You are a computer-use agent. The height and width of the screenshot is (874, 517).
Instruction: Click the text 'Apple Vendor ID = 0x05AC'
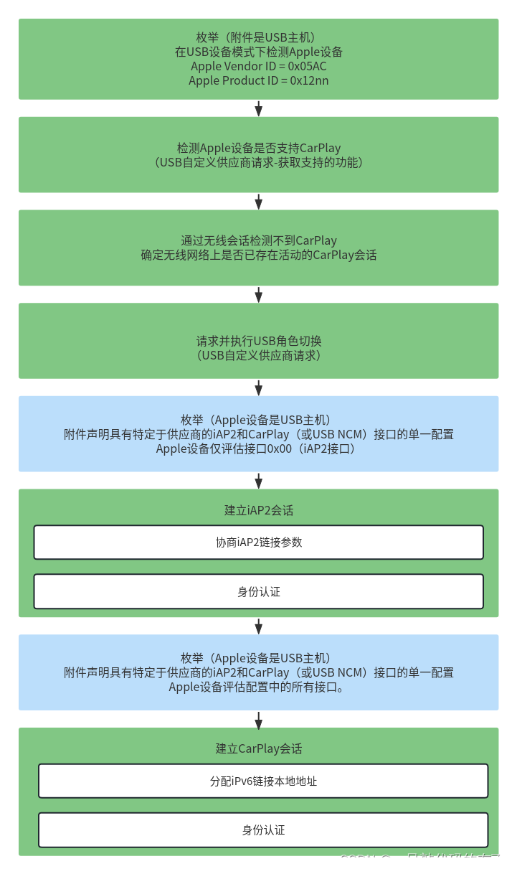click(258, 66)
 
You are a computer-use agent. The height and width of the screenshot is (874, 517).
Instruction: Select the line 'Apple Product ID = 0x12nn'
click(258, 80)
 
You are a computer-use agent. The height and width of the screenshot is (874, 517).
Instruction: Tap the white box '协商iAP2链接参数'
click(258, 542)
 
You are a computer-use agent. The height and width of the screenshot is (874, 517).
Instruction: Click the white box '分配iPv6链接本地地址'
click(263, 781)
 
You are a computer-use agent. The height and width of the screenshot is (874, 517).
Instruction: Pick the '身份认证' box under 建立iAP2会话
click(258, 592)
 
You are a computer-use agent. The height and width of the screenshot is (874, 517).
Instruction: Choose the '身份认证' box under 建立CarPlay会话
click(263, 830)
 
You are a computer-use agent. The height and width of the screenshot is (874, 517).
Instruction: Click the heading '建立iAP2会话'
click(258, 510)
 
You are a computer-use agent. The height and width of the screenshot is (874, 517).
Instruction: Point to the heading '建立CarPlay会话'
click(258, 748)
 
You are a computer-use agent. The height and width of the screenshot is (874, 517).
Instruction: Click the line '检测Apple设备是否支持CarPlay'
click(258, 148)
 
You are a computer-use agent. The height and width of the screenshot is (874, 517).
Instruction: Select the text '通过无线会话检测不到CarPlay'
click(258, 240)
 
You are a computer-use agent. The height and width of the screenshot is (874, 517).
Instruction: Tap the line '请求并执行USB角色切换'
click(258, 341)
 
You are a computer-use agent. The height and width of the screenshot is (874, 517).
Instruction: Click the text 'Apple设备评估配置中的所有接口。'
click(258, 687)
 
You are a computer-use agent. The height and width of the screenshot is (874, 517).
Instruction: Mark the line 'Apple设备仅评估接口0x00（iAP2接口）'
click(258, 449)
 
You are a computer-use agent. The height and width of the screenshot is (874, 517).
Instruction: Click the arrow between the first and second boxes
click(258, 108)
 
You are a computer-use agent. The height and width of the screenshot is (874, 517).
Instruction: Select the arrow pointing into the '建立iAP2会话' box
click(258, 481)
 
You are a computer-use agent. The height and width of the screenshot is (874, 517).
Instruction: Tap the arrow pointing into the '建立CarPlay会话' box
click(258, 719)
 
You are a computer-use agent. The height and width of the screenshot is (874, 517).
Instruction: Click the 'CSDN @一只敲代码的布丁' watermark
click(422, 859)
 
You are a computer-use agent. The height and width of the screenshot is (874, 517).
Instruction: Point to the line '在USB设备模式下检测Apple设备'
click(258, 52)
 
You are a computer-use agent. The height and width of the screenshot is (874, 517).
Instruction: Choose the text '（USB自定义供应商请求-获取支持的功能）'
click(258, 162)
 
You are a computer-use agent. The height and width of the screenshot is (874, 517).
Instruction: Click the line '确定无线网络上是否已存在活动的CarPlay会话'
click(258, 255)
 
